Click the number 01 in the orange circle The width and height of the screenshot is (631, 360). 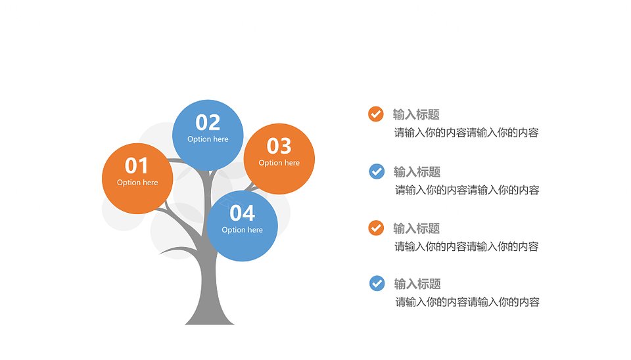click(137, 166)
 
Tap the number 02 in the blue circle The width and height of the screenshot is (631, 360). click(208, 122)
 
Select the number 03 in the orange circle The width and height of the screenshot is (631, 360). click(279, 146)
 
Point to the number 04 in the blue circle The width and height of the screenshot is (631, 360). click(243, 214)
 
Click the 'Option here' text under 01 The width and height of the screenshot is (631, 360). click(137, 183)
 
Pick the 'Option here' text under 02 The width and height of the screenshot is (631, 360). click(208, 139)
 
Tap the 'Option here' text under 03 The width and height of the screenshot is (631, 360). click(279, 163)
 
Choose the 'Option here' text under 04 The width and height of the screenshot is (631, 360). click(243, 230)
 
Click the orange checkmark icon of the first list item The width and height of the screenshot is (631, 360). click(376, 114)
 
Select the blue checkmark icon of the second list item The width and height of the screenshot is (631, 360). click(377, 171)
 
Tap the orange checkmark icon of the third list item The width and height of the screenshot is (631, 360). click(376, 228)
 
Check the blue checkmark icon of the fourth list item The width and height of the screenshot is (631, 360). click(377, 283)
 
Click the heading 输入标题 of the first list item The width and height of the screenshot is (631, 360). click(416, 115)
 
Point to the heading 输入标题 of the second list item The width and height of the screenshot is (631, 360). click(417, 172)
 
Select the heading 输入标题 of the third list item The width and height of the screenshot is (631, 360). click(416, 229)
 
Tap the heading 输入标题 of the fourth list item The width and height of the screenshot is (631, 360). click(417, 284)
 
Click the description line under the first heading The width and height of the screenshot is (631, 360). click(467, 133)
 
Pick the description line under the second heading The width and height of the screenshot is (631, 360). click(467, 191)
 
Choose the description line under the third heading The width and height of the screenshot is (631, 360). click(467, 246)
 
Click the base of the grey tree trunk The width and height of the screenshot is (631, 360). click(209, 320)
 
